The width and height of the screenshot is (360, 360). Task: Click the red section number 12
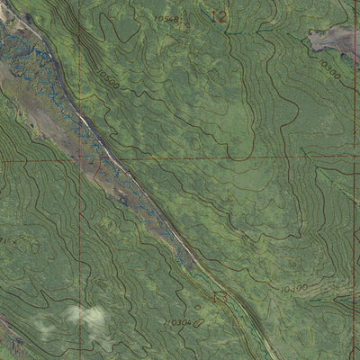[219, 15]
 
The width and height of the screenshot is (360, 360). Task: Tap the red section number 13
[219, 294]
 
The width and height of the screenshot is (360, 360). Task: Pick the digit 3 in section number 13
[222, 294]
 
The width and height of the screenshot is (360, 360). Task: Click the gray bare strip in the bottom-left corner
[11, 346]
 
